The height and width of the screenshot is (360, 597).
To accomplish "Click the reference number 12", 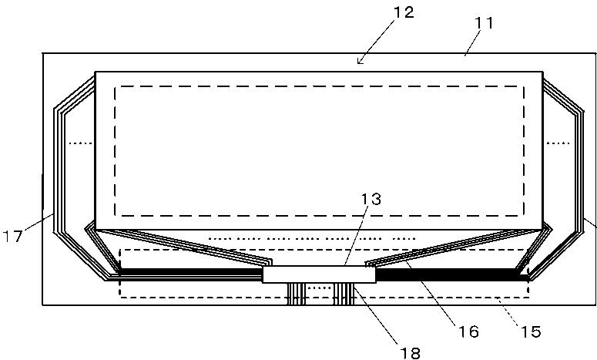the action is coord(403,12).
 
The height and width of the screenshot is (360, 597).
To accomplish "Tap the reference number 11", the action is coord(484,23).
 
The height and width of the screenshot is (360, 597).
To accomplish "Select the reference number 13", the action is coord(371,199).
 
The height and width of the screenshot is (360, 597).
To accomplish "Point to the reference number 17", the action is coord(12,236).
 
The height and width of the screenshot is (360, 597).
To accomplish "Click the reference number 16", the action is coord(468,331).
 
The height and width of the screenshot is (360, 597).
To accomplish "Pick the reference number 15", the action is coord(531,331).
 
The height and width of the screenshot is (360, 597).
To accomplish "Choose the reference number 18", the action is coord(411,353).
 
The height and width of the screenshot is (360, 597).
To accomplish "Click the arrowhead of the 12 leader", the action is coord(360,61).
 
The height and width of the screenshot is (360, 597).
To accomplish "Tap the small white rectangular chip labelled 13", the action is coord(319,274).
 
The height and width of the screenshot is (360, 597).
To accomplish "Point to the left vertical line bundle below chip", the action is coord(297,294).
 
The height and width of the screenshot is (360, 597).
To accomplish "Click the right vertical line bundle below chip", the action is coord(344,294).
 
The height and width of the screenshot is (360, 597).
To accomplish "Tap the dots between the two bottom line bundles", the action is coord(320,288).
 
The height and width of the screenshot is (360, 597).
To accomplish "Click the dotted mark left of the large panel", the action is coord(81,143).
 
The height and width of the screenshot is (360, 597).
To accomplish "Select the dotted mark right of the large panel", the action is coord(558,143).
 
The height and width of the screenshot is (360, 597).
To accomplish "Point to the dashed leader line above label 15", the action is coord(508,311).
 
